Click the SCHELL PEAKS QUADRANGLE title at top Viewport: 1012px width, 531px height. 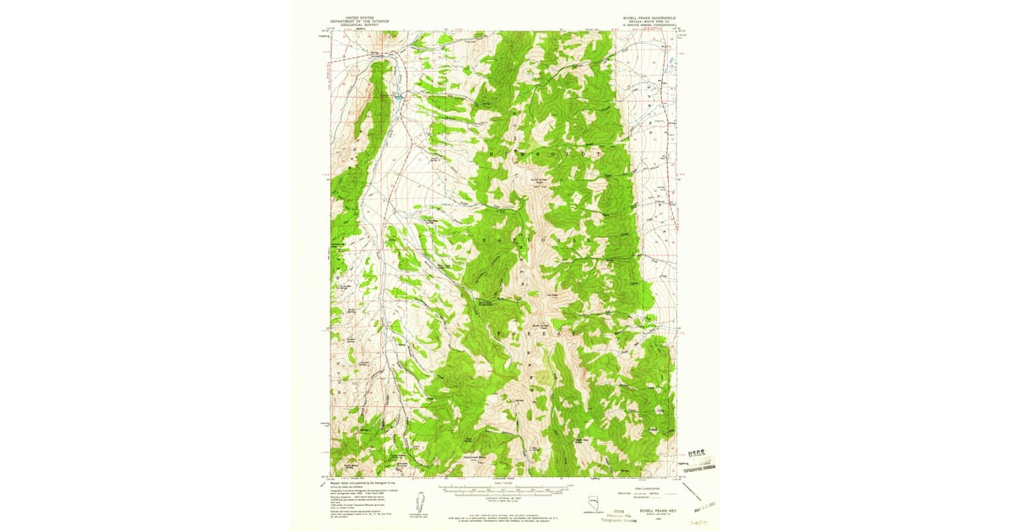[x=649, y=16]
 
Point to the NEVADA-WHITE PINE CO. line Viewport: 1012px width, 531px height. [x=649, y=20]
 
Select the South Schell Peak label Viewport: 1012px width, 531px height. [x=541, y=324]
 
